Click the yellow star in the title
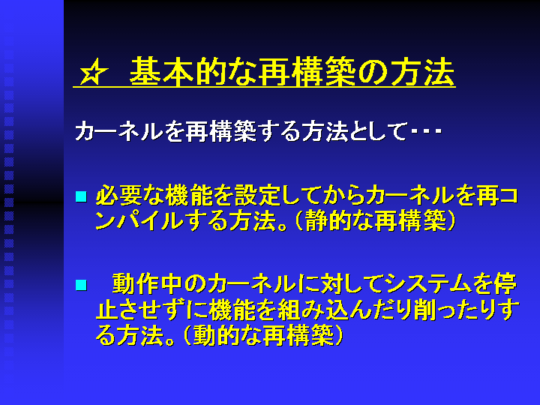93,72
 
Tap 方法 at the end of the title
423,71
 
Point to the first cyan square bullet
81,196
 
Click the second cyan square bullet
81,286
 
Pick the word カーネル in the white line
118,130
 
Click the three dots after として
426,130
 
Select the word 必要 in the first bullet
118,195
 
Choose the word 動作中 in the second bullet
147,284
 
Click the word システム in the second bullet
429,284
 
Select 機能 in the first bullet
188,195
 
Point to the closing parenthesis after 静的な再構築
451,220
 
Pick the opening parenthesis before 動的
187,335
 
